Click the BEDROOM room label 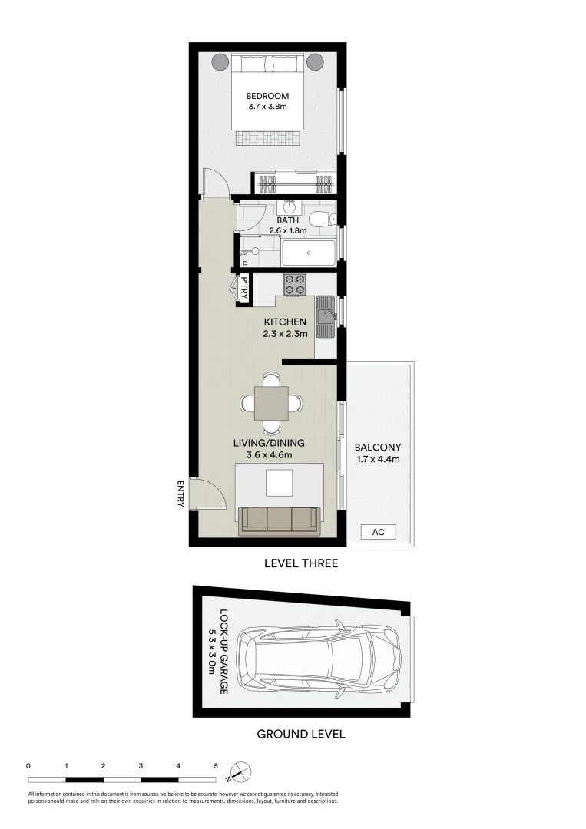coord(267,96)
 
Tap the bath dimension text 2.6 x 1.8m coord(287,230)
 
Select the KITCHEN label coord(285,322)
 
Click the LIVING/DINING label coord(275,443)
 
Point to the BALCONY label coord(377,448)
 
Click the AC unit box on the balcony coord(378,532)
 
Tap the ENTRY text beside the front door coord(180,494)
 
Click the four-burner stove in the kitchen coord(296,285)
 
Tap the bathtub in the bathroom coord(308,252)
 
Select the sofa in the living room coord(280,520)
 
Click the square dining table coord(271,403)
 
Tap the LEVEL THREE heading coord(300,563)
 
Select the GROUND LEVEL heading coord(300,734)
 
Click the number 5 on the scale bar coord(216,766)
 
